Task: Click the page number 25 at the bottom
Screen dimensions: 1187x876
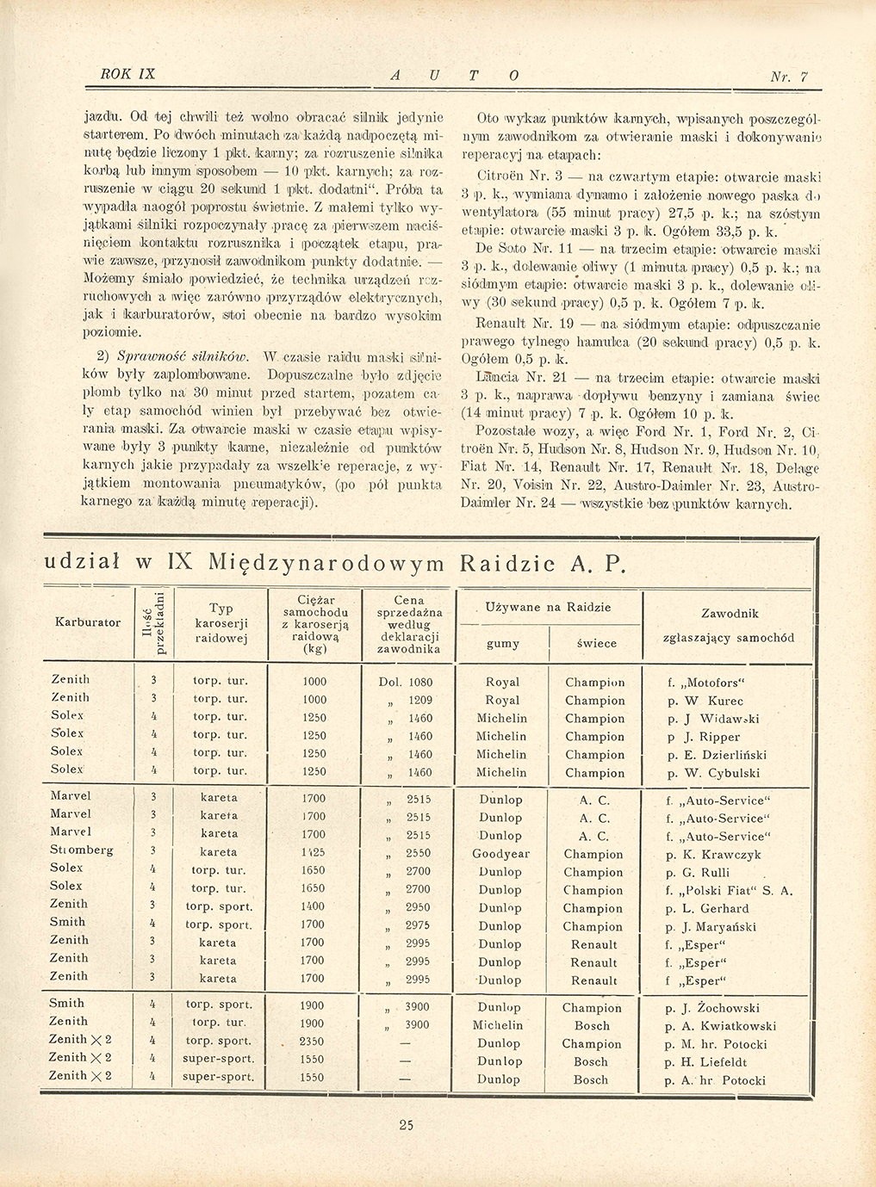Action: pos(407,1123)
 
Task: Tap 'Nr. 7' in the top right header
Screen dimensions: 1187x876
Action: pos(789,77)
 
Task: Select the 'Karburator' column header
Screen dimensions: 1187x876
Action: pos(88,622)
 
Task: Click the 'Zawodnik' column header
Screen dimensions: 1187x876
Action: pos(730,614)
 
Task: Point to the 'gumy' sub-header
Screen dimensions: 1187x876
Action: pos(503,643)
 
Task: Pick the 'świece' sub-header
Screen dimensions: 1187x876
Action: pos(596,643)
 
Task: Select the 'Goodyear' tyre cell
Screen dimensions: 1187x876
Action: pos(500,854)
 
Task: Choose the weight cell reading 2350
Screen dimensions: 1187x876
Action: pos(313,1041)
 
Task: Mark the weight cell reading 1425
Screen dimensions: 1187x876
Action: pos(314,852)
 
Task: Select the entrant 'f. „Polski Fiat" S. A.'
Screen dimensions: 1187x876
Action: pos(729,891)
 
